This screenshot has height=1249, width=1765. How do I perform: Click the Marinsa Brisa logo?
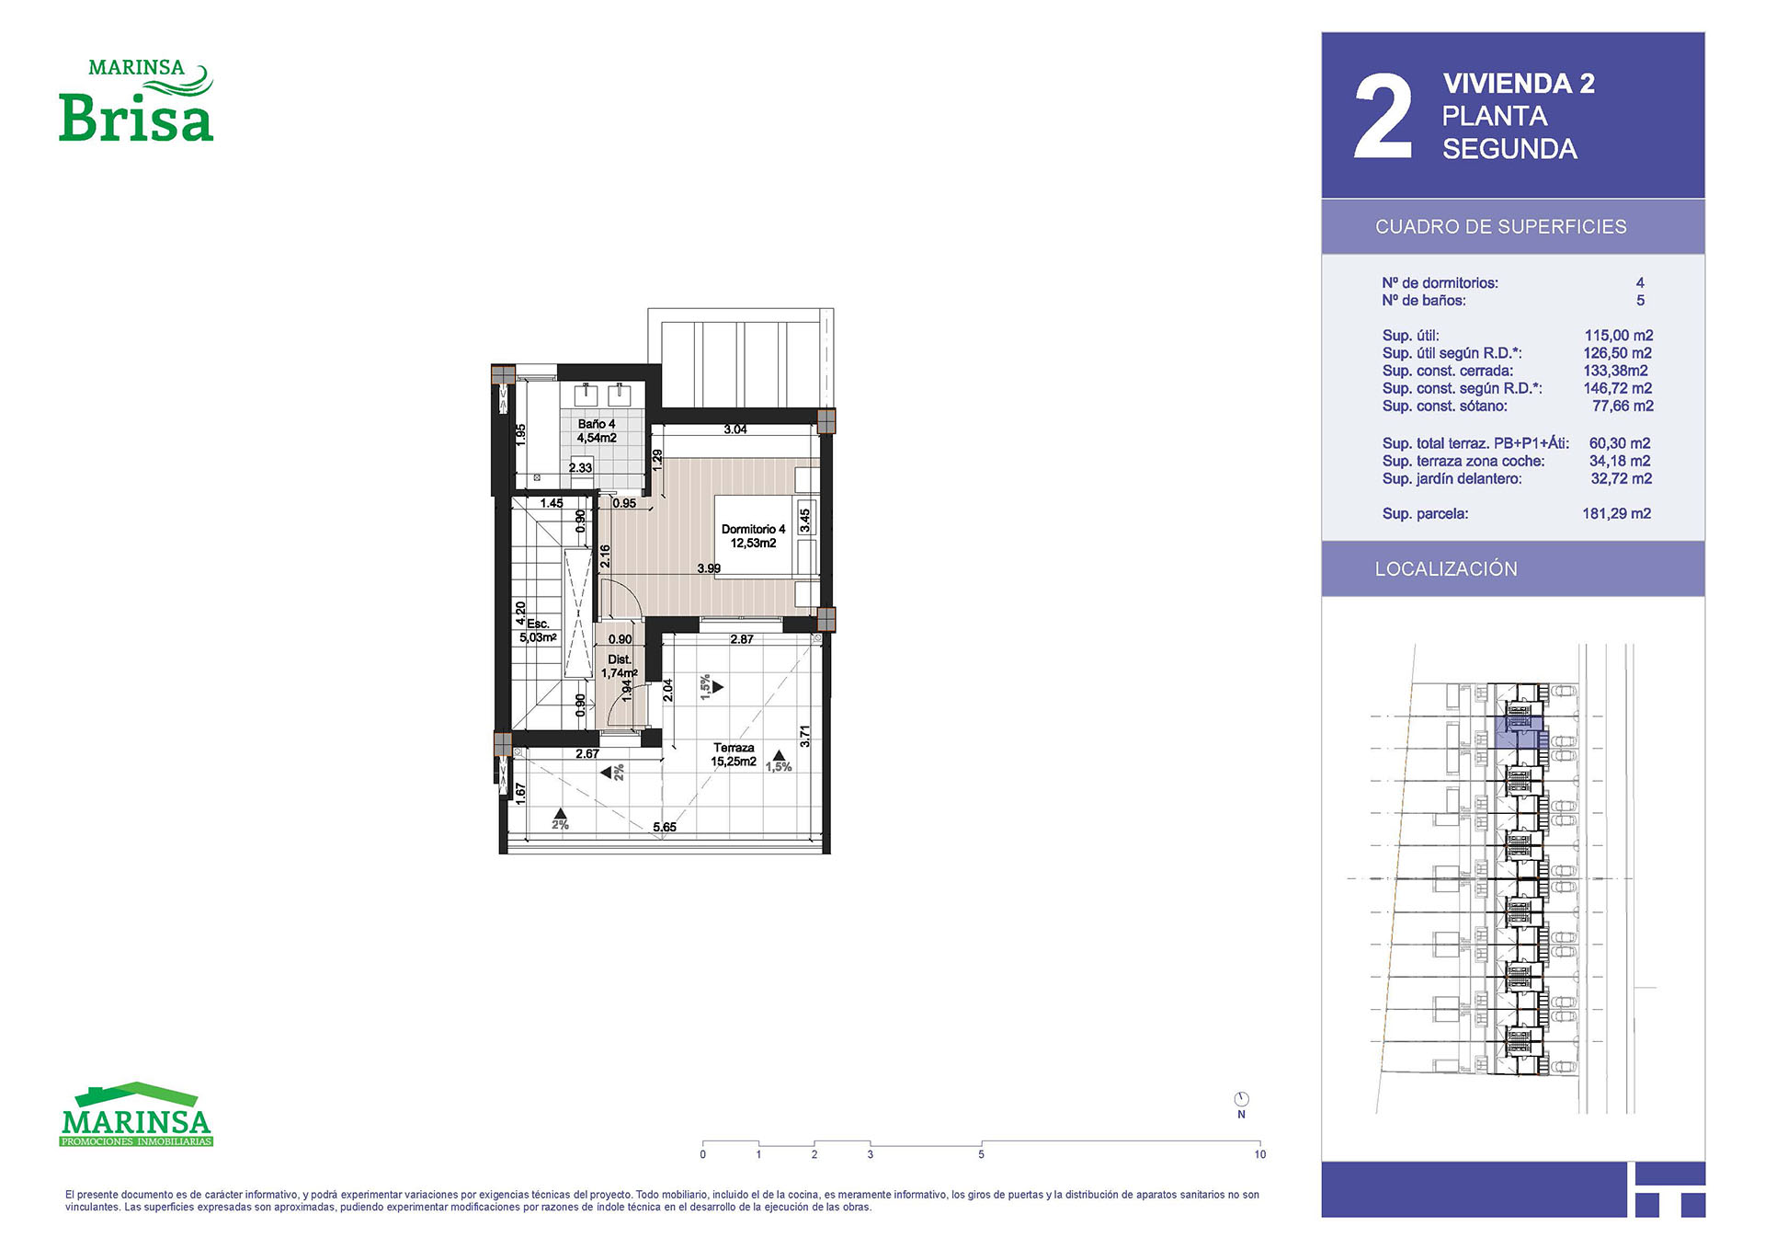tap(136, 100)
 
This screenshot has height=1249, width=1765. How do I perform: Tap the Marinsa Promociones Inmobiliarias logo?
tap(136, 1115)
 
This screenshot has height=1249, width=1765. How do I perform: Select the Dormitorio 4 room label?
tap(753, 536)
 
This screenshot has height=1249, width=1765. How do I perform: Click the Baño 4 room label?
tap(597, 431)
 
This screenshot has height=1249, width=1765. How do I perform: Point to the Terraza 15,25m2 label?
tap(734, 755)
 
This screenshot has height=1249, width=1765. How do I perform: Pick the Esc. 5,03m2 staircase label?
tap(539, 631)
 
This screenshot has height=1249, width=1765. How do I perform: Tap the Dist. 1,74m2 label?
tap(620, 667)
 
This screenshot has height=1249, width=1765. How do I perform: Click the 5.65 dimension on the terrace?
tap(665, 827)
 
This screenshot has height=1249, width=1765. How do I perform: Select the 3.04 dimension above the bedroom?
tap(735, 430)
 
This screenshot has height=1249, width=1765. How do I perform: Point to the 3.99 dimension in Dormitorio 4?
tap(709, 568)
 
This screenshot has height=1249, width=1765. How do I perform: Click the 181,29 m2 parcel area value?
tap(1617, 514)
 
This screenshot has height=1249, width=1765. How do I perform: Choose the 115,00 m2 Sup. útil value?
tap(1619, 336)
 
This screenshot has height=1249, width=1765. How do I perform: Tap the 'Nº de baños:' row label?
tap(1424, 301)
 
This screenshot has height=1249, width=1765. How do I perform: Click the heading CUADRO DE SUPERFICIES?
tap(1501, 227)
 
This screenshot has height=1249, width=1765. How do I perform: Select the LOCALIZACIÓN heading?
tap(1446, 569)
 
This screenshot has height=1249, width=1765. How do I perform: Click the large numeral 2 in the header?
tap(1384, 118)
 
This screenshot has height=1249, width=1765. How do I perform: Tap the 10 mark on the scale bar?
tap(1260, 1154)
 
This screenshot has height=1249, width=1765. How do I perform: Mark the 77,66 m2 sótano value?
tap(1623, 407)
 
